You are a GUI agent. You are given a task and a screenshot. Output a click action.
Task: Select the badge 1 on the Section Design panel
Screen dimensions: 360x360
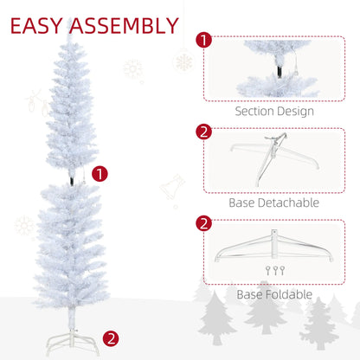[x=203, y=40]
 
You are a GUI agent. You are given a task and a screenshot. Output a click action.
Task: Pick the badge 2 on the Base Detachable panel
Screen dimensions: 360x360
[x=203, y=132]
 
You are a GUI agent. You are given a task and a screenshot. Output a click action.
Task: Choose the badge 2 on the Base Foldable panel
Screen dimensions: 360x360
[x=203, y=223]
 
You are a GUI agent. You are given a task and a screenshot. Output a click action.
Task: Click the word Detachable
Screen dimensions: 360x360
[x=287, y=202]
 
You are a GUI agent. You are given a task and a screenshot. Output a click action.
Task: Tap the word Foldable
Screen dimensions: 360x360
[x=288, y=295]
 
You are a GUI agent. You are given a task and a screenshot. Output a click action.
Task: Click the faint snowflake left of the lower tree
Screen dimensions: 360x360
[x=25, y=227]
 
